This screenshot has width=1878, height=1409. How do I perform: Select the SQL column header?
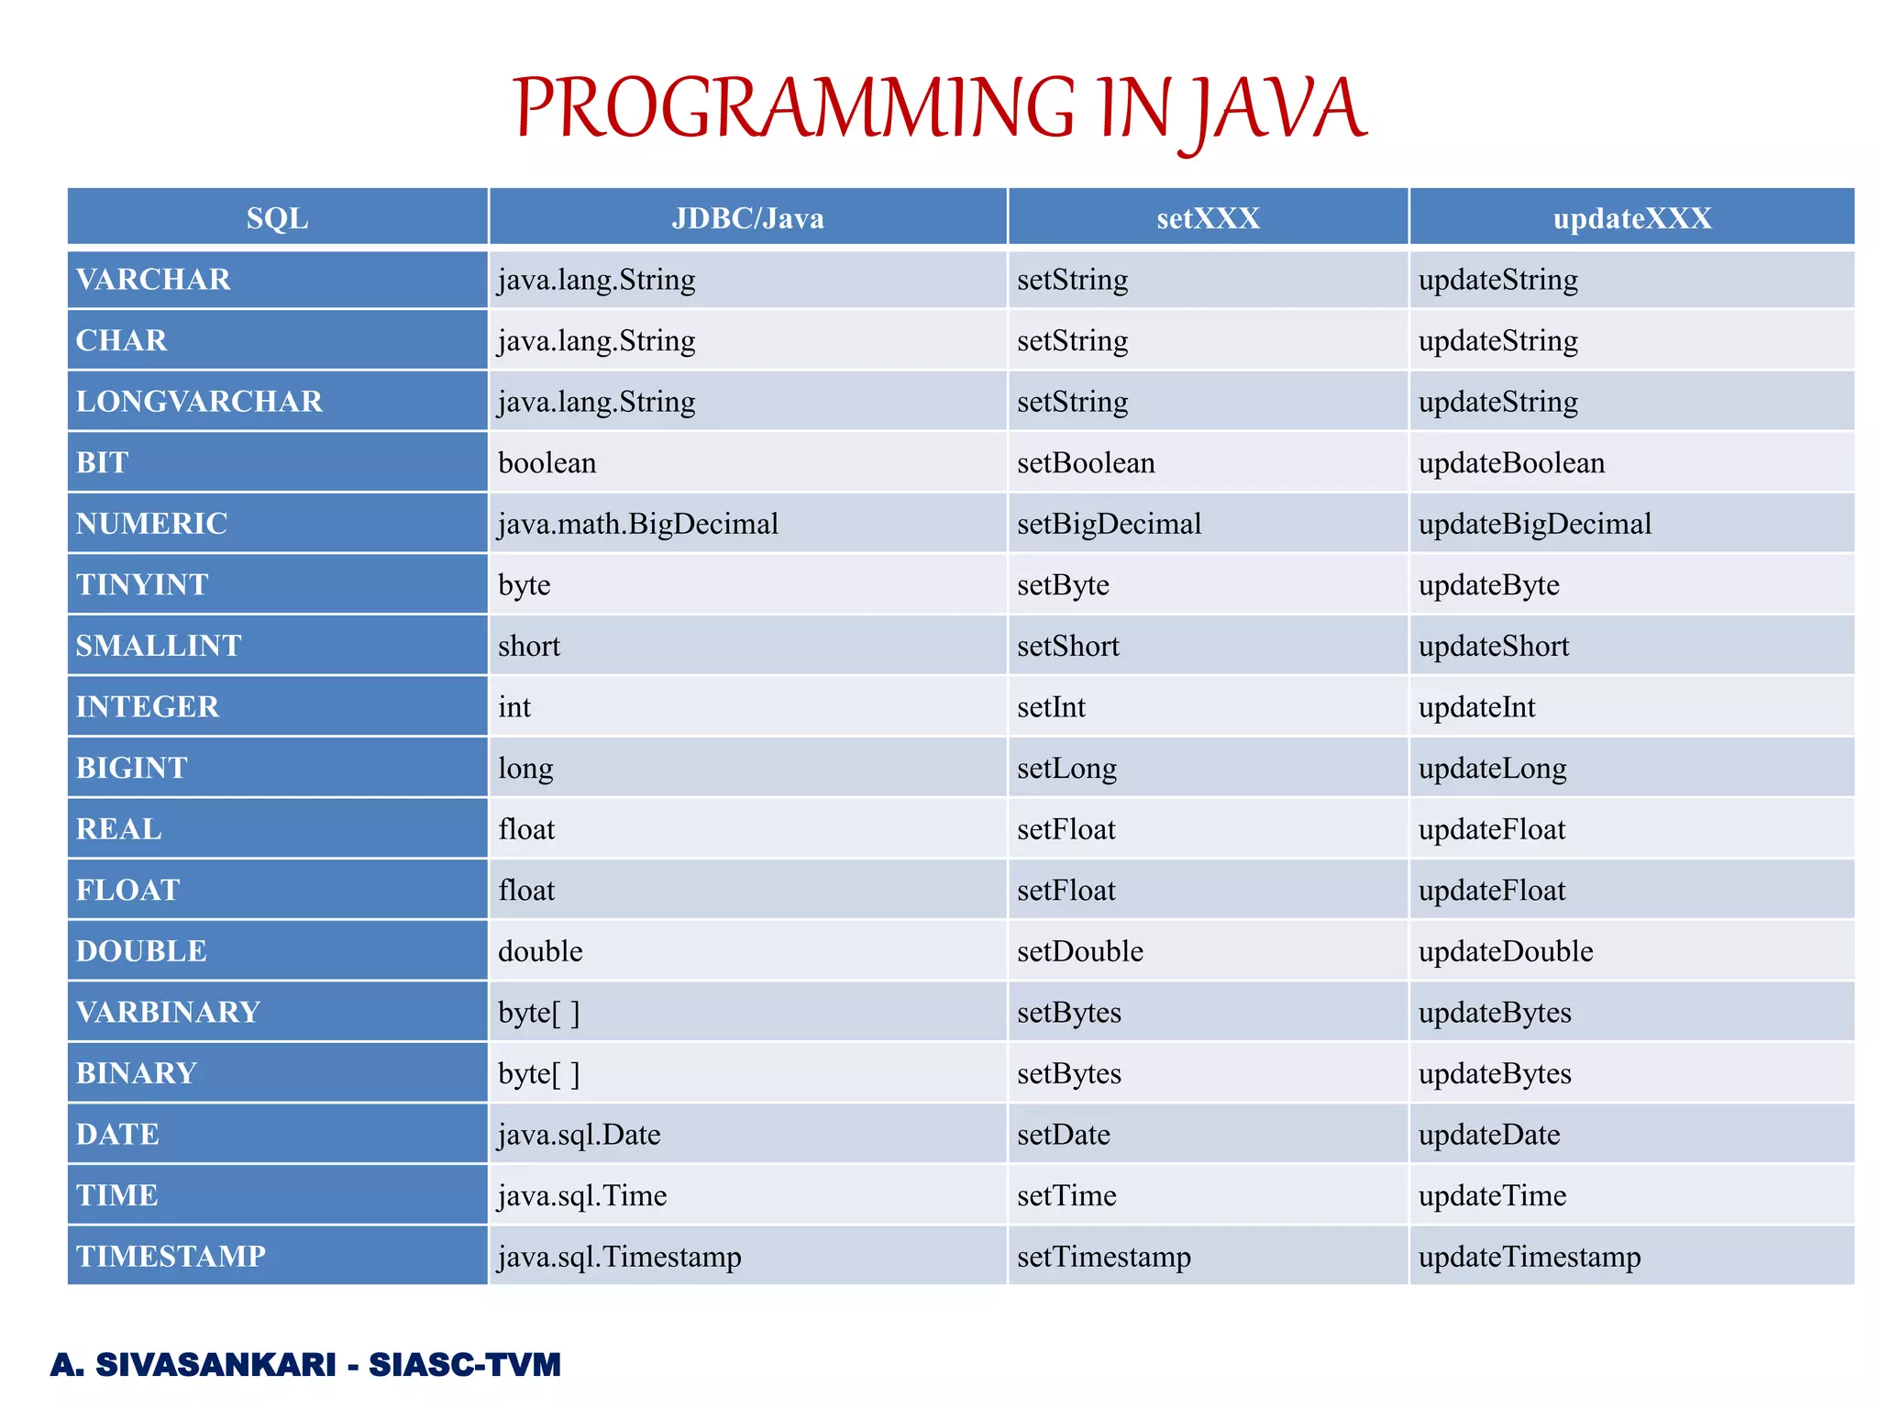click(277, 218)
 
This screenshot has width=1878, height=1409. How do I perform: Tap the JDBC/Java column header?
click(747, 218)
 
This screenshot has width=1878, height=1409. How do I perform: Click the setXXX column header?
click(1208, 218)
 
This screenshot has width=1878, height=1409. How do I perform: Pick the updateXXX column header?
click(1631, 218)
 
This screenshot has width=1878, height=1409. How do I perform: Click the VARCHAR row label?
click(153, 280)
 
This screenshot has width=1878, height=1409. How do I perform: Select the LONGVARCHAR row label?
click(199, 402)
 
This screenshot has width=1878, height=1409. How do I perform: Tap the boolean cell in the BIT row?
click(547, 463)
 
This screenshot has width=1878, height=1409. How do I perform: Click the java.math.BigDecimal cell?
click(638, 524)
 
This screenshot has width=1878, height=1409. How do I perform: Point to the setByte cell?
click(1063, 585)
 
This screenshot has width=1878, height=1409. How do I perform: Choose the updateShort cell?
click(1494, 646)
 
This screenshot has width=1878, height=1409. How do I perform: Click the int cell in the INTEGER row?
click(514, 707)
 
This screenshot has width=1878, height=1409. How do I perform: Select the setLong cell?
click(1066, 768)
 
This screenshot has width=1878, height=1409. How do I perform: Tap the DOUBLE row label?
click(141, 951)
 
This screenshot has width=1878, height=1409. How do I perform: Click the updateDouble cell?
click(1506, 951)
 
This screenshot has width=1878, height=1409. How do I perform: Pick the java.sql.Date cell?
click(580, 1135)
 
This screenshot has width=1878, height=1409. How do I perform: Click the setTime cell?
click(1066, 1195)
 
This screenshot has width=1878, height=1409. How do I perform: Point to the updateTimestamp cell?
click(1530, 1257)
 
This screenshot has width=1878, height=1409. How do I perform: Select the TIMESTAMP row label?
click(171, 1257)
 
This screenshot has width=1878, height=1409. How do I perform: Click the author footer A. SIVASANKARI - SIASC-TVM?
click(305, 1365)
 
